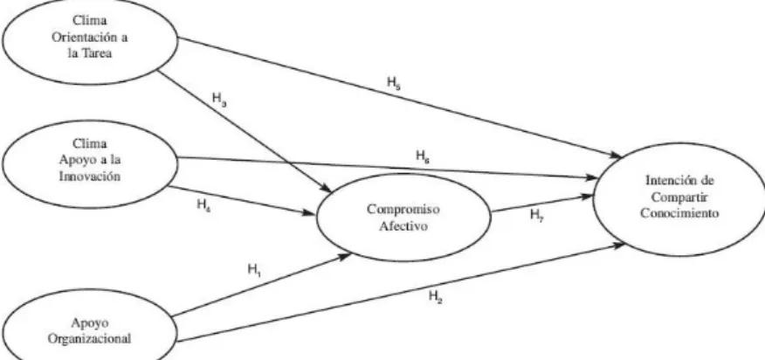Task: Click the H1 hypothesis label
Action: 254,270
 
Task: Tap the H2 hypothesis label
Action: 436,296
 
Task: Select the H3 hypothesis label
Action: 219,99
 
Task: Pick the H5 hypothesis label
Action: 394,83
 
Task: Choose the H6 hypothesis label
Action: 423,156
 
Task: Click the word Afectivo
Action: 403,226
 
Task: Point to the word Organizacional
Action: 89,339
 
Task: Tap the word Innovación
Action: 89,176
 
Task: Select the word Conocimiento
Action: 679,213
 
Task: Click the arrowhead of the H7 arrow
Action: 587,196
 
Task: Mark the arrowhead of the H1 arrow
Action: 345,255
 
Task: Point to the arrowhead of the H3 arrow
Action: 326,188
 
